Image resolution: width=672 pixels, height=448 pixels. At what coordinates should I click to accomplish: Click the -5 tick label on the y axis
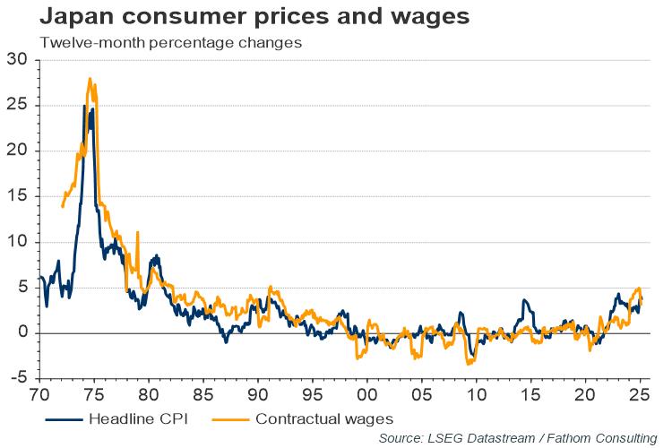[x=17, y=378]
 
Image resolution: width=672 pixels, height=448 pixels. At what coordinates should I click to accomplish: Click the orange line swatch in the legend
[x=228, y=418]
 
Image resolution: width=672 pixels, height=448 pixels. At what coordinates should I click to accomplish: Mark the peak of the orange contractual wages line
[x=90, y=78]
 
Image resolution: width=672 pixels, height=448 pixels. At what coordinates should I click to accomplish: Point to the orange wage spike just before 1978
[x=137, y=232]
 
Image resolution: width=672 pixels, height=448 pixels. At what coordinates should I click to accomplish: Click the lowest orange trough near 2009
[x=469, y=364]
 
